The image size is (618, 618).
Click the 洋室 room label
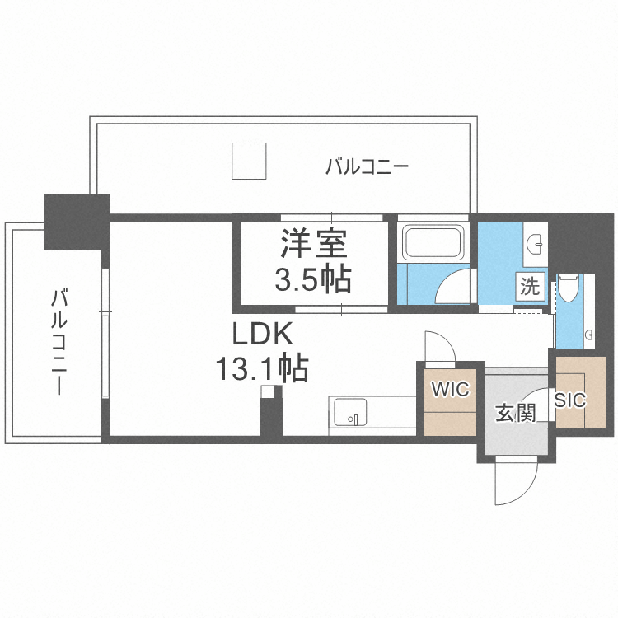(x=314, y=245)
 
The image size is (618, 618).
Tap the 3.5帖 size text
(x=313, y=279)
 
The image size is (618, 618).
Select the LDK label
(x=261, y=335)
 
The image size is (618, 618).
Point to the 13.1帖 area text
(x=261, y=368)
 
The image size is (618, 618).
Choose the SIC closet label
(x=569, y=400)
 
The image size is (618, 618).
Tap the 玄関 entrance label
(x=515, y=412)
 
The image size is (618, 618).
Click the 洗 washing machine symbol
(x=530, y=287)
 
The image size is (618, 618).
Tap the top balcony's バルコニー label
(x=367, y=167)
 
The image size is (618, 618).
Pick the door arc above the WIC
(x=436, y=346)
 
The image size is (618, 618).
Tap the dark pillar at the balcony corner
(x=76, y=220)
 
